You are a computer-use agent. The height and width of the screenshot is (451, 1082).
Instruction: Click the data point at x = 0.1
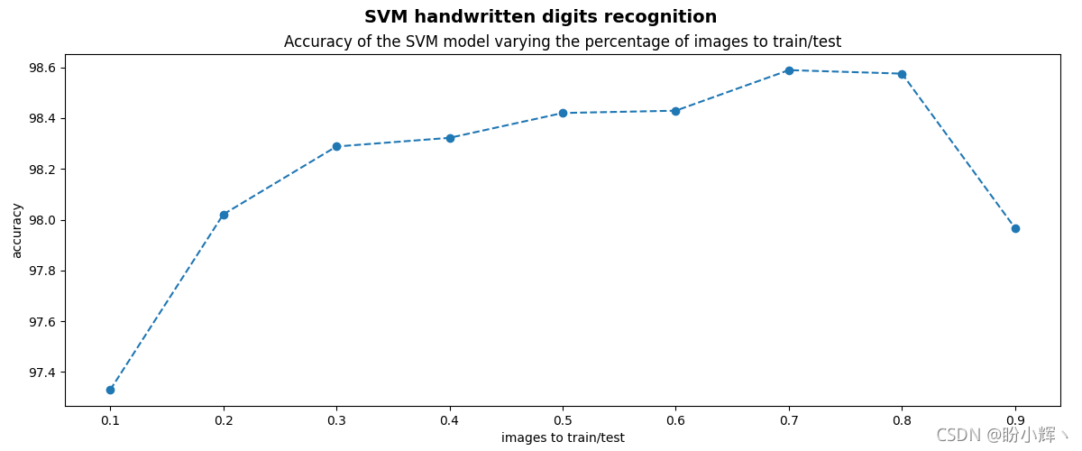pos(110,390)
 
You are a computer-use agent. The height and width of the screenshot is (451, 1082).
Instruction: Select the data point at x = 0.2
pos(224,215)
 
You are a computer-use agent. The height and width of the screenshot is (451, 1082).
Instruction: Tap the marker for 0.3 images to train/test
pos(336,146)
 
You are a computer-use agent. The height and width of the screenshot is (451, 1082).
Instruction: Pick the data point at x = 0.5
pos(563,113)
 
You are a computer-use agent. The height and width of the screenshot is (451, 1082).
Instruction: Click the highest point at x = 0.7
pos(789,70)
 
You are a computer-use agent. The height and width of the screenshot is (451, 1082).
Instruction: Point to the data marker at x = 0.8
pos(902,74)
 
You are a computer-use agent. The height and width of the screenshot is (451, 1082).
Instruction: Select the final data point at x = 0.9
pos(1015,228)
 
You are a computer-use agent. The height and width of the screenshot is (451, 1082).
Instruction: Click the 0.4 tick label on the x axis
pos(450,420)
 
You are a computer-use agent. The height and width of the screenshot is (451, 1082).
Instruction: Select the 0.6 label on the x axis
pos(675,420)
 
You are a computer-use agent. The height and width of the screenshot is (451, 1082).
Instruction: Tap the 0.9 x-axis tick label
pos(1015,420)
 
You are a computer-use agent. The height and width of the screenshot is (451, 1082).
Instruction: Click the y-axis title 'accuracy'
pos(17,230)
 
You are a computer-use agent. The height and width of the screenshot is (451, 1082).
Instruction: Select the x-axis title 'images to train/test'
pos(563,437)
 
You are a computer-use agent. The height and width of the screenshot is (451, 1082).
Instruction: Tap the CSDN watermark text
pos(958,436)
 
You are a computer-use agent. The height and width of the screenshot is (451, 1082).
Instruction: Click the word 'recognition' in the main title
pos(666,17)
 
